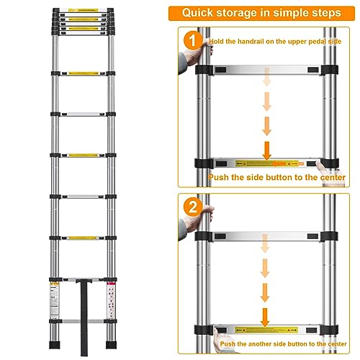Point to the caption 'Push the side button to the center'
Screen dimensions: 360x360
click(x=277, y=176)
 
